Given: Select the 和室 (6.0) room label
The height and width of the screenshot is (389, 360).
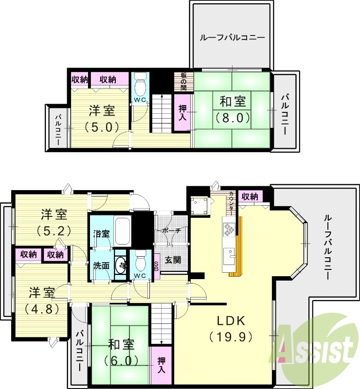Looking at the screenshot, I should [x=121, y=353].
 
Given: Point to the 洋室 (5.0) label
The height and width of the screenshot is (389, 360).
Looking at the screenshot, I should [x=102, y=118].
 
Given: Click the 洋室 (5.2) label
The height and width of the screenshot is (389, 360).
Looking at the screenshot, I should [x=54, y=221].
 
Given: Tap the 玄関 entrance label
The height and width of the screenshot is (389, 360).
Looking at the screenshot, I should [x=173, y=260].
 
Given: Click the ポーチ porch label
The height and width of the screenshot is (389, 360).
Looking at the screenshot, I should [x=172, y=230].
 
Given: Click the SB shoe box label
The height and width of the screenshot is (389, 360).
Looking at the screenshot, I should [x=156, y=266].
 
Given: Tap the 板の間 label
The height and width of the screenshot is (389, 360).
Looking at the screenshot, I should [x=183, y=81].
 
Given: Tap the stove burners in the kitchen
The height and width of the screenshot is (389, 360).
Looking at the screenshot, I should [x=228, y=230].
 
